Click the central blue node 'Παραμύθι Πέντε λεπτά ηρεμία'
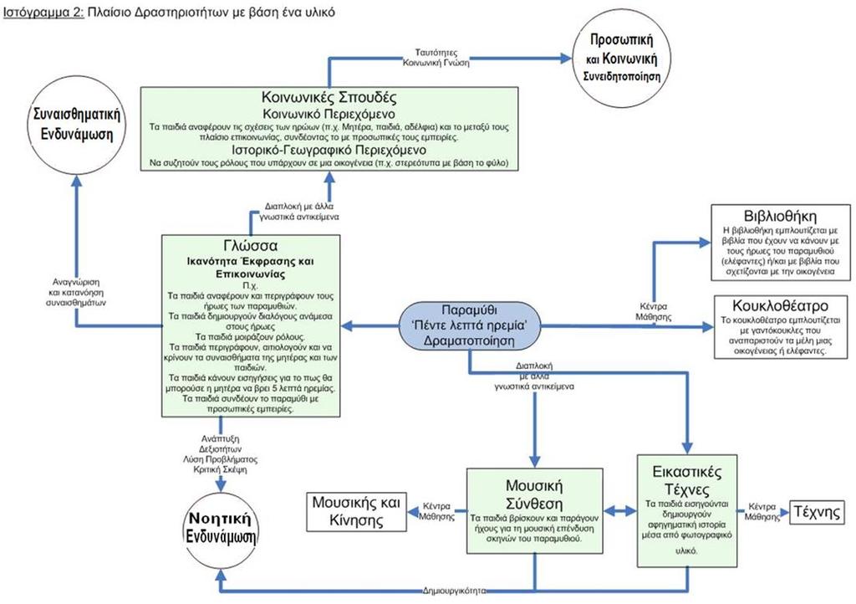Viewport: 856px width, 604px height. click(x=470, y=326)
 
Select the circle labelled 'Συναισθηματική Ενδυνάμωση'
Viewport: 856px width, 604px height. click(x=77, y=126)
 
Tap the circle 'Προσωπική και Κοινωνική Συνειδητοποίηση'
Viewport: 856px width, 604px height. click(x=621, y=57)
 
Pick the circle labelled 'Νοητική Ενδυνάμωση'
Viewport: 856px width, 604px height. click(x=221, y=527)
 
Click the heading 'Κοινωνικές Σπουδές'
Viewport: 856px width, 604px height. click(x=329, y=97)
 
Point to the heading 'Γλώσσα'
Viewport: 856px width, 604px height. click(x=251, y=245)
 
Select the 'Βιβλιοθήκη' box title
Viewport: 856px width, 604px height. click(x=780, y=215)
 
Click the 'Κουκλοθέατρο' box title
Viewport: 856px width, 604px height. click(x=780, y=305)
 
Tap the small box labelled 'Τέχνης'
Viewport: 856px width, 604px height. click(x=817, y=512)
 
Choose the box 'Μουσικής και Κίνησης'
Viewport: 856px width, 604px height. click(x=356, y=511)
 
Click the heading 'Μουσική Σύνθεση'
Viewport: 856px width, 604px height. click(x=533, y=494)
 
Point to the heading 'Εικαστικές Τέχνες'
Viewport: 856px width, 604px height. click(x=687, y=479)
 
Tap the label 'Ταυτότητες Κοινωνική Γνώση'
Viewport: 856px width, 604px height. click(x=436, y=58)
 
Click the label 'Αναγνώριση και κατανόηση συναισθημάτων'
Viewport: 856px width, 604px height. click(x=76, y=292)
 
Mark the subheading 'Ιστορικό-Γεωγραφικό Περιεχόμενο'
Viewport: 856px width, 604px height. click(x=329, y=150)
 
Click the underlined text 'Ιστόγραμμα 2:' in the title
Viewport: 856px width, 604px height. click(x=43, y=12)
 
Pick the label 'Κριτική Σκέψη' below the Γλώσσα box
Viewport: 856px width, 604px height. click(x=221, y=469)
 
